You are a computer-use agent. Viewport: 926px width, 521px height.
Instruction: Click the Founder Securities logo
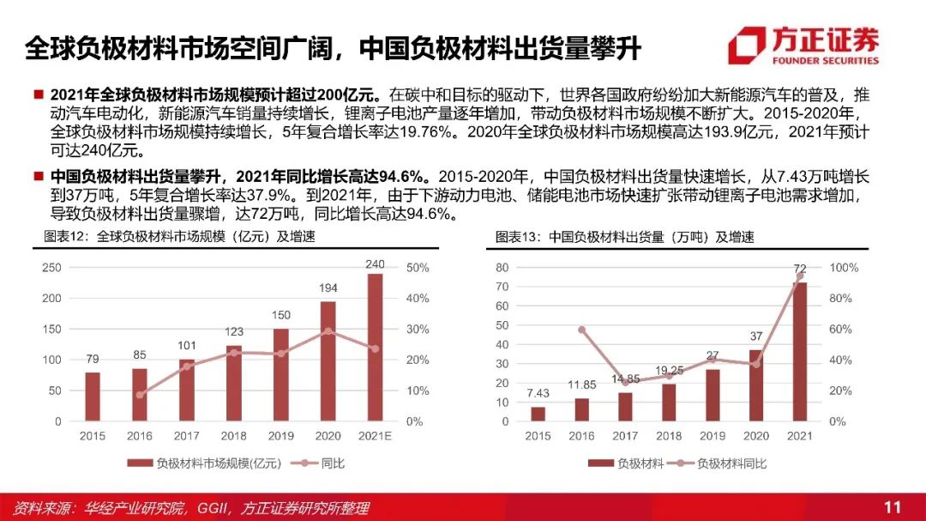click(803, 45)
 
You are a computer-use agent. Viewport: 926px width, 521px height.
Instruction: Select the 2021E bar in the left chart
click(375, 348)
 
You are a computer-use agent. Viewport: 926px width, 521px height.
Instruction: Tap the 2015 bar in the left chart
click(93, 397)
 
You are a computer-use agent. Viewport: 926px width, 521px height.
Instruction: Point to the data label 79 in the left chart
click(93, 359)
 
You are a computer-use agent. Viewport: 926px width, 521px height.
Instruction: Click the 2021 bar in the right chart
click(800, 352)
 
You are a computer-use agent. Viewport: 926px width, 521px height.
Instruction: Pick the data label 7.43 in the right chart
click(538, 393)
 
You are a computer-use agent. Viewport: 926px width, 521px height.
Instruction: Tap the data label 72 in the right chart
click(800, 269)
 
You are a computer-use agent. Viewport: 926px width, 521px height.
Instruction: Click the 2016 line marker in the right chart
click(582, 330)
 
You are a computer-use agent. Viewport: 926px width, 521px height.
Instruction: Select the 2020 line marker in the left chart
click(328, 330)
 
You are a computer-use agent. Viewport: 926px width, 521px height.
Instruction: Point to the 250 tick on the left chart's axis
click(51, 268)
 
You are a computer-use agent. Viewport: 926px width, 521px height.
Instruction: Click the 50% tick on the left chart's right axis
click(418, 268)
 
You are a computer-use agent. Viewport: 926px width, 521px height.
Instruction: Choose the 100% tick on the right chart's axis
click(843, 268)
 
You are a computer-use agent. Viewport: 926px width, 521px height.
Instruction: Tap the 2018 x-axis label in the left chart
click(233, 436)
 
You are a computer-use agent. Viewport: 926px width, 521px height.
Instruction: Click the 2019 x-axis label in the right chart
click(713, 436)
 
